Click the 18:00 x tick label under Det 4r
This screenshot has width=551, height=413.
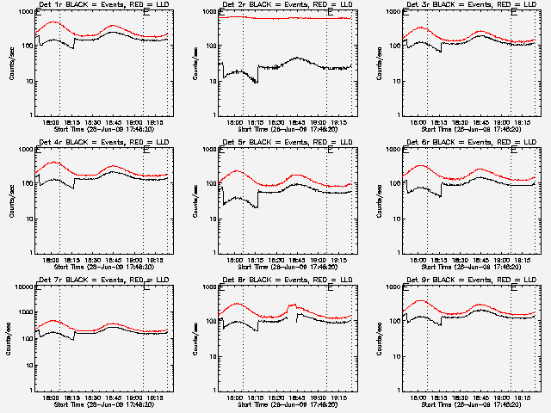coord(50,259)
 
